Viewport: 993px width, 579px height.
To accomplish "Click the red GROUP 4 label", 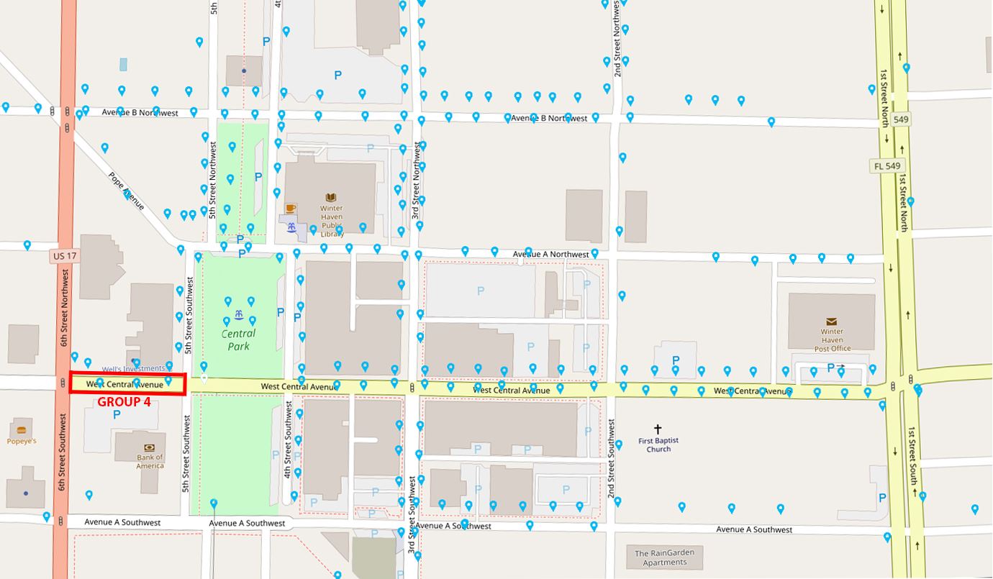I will (124, 402).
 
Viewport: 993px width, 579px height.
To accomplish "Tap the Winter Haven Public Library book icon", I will (331, 197).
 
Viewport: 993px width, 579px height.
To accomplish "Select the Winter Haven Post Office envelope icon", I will (832, 322).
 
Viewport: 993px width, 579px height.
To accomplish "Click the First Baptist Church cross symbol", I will (658, 429).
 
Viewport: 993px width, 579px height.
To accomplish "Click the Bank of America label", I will (150, 461).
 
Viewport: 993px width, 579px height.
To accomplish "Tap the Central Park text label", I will (238, 339).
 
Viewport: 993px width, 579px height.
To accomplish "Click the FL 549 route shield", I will (887, 166).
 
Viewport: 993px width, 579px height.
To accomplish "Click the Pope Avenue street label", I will (127, 191).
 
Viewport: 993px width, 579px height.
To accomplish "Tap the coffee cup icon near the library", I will (291, 209).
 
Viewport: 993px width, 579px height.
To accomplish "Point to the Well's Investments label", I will (133, 368).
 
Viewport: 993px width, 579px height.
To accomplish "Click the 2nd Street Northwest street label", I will (617, 39).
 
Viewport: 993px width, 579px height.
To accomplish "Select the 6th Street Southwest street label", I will (63, 452).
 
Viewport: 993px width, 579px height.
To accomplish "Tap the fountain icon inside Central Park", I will (238, 315).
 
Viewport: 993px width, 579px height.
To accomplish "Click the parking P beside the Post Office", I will (830, 368).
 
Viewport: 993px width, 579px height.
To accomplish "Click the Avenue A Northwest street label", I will (550, 254).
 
